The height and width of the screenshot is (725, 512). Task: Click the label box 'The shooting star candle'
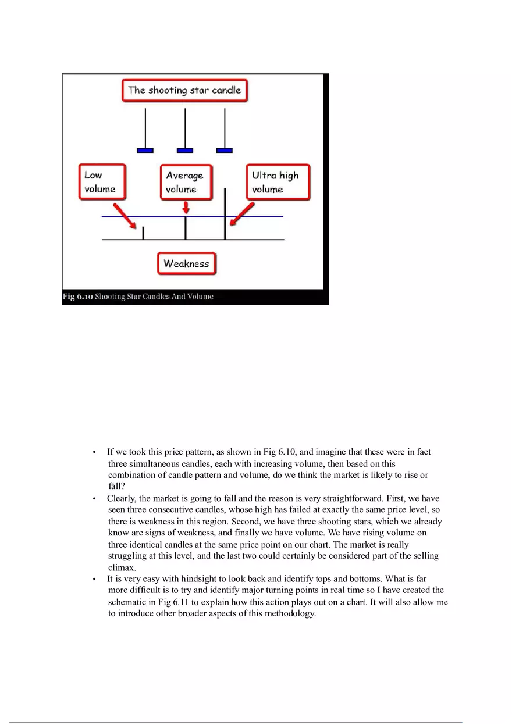[x=184, y=91]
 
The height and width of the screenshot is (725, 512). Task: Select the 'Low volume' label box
[x=102, y=182]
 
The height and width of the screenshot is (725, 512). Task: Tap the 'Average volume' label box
[x=186, y=182]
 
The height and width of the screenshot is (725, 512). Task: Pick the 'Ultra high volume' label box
[x=276, y=182]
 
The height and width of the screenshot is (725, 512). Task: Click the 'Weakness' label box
[x=186, y=263]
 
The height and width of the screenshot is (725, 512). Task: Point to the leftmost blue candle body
[x=145, y=151]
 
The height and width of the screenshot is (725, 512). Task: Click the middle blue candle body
[x=184, y=151]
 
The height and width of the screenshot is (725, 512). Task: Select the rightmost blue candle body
[x=224, y=151]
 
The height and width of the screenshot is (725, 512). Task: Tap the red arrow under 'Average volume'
[x=186, y=207]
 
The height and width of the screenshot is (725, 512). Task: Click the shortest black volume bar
[x=144, y=233]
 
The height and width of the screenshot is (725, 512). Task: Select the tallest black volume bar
[x=225, y=213]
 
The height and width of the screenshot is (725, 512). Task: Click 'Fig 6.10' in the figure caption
[x=77, y=297]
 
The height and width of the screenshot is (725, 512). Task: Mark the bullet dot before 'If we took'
[x=94, y=452]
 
